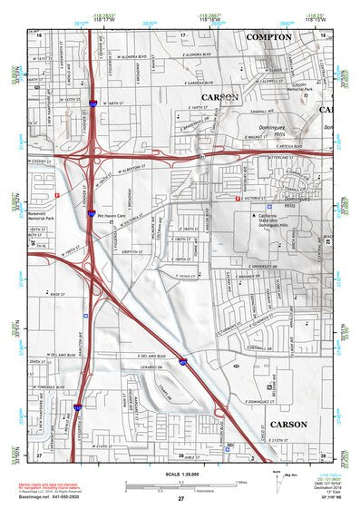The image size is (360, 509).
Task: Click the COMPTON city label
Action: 269,37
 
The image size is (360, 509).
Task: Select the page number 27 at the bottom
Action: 180,498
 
